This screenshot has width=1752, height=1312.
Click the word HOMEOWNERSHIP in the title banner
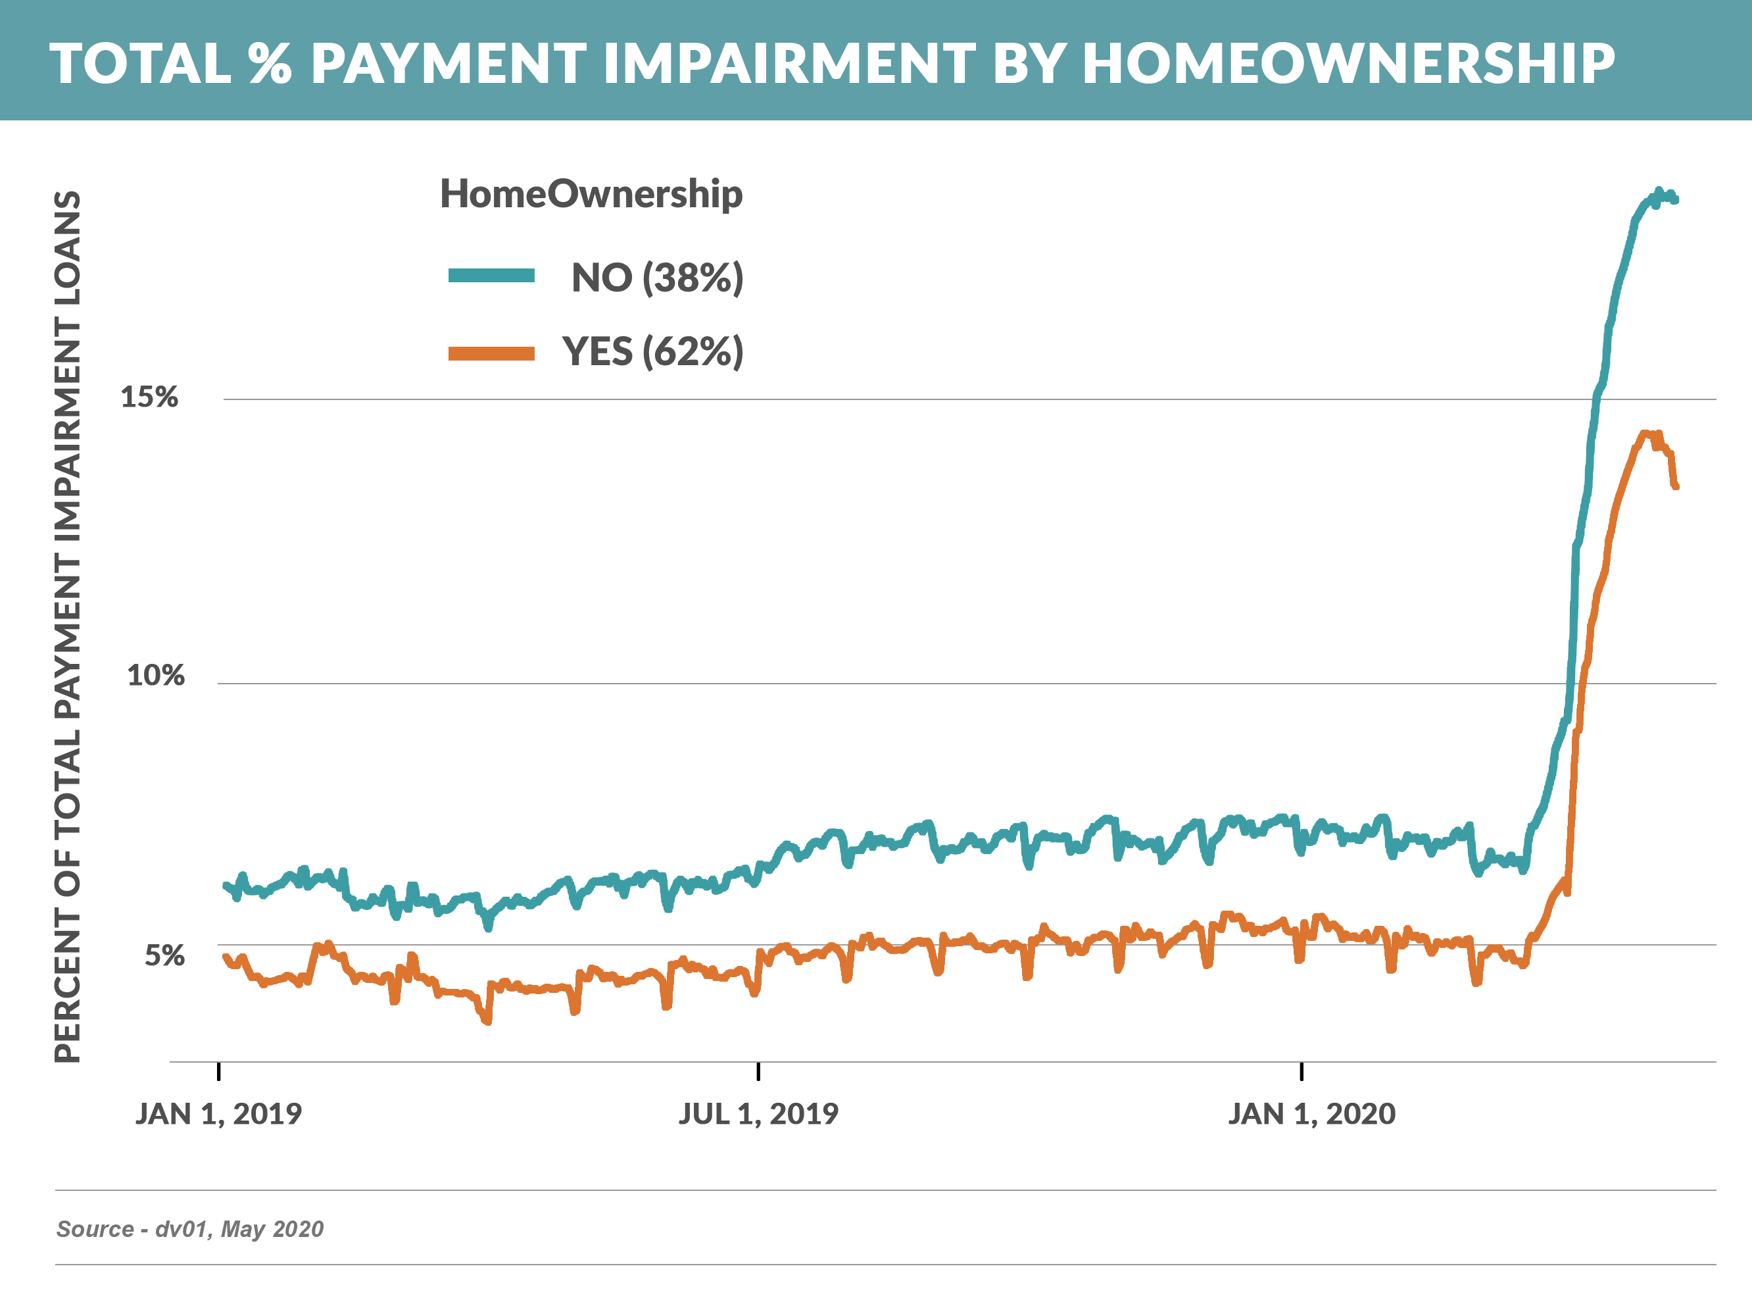tap(1348, 63)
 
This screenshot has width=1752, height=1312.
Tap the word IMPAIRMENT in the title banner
tap(789, 63)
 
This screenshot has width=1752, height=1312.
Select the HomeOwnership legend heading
tap(591, 194)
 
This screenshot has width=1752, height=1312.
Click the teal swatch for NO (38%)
tap(491, 276)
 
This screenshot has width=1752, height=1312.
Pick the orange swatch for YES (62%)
tap(491, 353)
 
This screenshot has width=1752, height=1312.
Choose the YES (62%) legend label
tap(652, 352)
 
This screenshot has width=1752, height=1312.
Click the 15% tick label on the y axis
tap(149, 397)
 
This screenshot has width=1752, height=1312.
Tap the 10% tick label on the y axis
tap(155, 676)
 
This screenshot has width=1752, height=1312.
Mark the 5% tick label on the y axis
tap(164, 956)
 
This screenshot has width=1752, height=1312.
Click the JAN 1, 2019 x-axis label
tap(218, 1114)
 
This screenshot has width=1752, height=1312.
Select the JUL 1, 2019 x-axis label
tap(758, 1114)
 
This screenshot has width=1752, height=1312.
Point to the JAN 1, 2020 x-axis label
tap(1311, 1114)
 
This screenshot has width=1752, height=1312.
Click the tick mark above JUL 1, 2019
tap(758, 1071)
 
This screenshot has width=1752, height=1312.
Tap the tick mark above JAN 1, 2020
tap(1302, 1071)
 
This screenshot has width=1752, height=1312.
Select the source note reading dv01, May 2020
tap(190, 1229)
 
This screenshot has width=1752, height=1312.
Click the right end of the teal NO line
tap(1675, 201)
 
